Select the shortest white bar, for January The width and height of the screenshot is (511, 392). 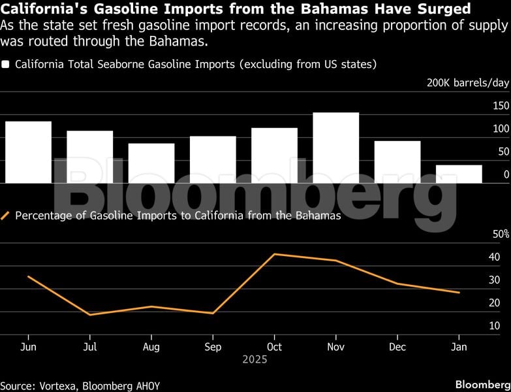click(x=459, y=174)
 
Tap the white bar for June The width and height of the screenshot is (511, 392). click(x=28, y=152)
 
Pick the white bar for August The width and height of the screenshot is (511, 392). click(x=151, y=163)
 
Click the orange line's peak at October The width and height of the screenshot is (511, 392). click(x=274, y=254)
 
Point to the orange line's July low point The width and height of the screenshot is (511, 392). click(x=89, y=314)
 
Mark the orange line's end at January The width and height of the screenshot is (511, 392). click(x=459, y=292)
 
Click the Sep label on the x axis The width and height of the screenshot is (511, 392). click(x=212, y=347)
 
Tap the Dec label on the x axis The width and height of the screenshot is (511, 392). click(x=397, y=347)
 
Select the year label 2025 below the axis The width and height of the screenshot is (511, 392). click(x=255, y=359)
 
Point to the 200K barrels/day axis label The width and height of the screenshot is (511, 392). click(x=468, y=83)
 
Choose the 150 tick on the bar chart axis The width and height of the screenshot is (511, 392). click(x=501, y=106)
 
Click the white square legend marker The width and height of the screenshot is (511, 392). click(x=6, y=65)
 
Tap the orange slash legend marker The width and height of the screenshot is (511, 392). click(x=6, y=216)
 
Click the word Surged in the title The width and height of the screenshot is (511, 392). click(x=443, y=9)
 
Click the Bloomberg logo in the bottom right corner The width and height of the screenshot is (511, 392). click(x=482, y=384)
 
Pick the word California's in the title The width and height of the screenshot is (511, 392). click(x=42, y=9)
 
